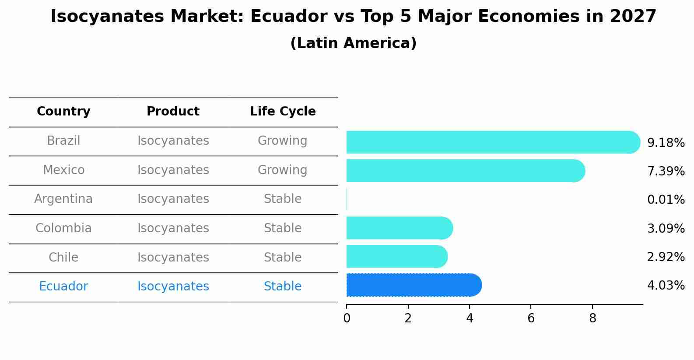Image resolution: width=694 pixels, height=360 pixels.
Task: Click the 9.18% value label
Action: pos(666,143)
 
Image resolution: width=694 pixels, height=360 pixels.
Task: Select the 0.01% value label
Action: pos(666,200)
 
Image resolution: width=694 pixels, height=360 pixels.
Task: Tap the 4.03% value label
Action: pos(666,286)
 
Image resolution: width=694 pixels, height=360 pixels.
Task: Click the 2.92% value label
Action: pos(666,257)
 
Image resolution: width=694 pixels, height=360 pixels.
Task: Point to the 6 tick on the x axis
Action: pos(531,318)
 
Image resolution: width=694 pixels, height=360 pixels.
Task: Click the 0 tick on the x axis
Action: pos(347,318)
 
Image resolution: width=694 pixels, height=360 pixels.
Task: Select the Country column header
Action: pos(63,112)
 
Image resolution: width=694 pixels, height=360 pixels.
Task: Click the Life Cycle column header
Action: pos(283,112)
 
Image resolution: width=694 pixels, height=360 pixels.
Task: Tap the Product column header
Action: pos(173,112)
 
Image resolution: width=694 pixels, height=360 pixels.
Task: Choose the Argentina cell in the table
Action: pos(63,199)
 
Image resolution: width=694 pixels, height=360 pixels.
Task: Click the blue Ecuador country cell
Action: pos(63,287)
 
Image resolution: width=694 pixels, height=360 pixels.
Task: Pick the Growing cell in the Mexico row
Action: pos(282,170)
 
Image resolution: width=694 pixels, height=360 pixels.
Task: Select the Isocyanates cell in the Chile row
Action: pos(173,257)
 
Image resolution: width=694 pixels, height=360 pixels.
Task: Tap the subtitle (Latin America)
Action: pos(353,43)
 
